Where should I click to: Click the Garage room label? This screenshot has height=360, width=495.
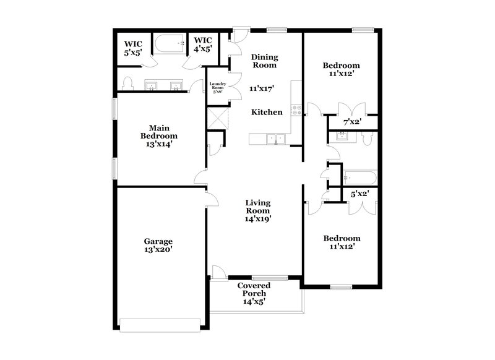(159, 241)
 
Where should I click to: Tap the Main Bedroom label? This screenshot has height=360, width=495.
(159, 135)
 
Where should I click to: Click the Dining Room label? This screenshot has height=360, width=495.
(263, 61)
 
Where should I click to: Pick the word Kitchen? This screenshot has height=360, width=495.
(267, 113)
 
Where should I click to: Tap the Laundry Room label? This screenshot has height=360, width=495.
(217, 87)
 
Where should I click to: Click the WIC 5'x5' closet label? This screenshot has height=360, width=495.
(134, 48)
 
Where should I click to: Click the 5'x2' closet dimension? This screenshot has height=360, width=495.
(360, 194)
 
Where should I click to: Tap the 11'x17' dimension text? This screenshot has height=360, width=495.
(262, 88)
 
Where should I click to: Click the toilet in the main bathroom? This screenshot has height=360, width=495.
(129, 84)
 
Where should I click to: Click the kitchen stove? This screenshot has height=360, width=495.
(295, 111)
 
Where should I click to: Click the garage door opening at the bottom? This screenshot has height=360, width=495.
(159, 320)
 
